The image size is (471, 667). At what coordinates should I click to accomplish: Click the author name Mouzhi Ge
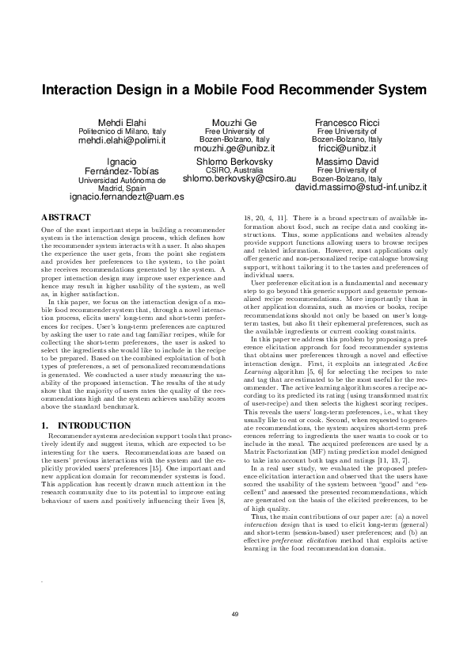pos(235,122)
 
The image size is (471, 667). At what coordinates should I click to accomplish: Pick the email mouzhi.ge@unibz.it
pos(235,148)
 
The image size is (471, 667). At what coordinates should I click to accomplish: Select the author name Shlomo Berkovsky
pos(235,161)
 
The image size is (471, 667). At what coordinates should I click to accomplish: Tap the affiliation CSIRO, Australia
pos(235,170)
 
